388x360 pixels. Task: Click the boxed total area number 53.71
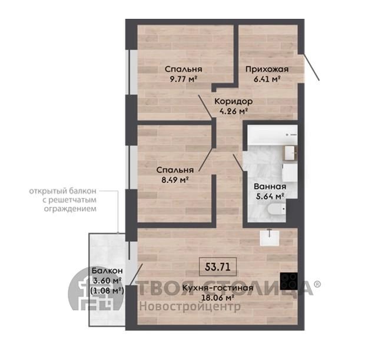pyautogui.click(x=218, y=267)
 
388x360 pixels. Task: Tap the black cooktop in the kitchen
pyautogui.click(x=288, y=281)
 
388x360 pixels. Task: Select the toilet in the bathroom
pyautogui.click(x=276, y=209)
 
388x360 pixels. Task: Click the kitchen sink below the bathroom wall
pyautogui.click(x=270, y=238)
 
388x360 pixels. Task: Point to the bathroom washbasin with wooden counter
pyautogui.click(x=289, y=154)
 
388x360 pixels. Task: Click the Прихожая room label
pyautogui.click(x=267, y=69)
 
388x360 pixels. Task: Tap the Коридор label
pyautogui.click(x=234, y=101)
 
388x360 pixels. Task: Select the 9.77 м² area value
pyautogui.click(x=183, y=79)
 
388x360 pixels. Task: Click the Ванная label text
pyautogui.click(x=270, y=186)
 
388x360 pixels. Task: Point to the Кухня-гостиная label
pyautogui.click(x=218, y=288)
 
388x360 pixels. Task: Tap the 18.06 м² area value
pyautogui.click(x=218, y=298)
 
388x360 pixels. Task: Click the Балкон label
pyautogui.click(x=107, y=271)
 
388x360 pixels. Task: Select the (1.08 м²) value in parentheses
pyautogui.click(x=107, y=291)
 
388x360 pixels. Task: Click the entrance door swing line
pyautogui.click(x=311, y=67)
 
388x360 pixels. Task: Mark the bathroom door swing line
pyautogui.click(x=238, y=163)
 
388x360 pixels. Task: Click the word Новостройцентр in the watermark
pyautogui.click(x=190, y=307)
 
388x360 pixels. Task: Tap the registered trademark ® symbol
pyautogui.click(x=317, y=284)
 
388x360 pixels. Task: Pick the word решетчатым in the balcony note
pyautogui.click(x=70, y=200)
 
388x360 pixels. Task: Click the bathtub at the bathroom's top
pyautogui.click(x=272, y=135)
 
